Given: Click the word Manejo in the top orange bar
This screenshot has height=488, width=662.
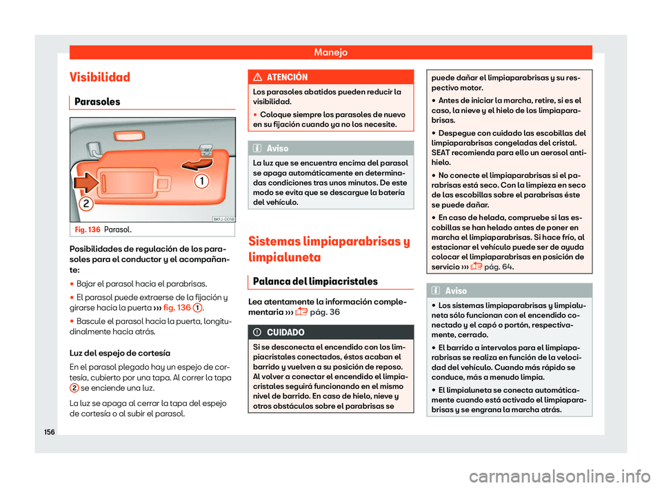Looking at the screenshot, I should tap(330, 52).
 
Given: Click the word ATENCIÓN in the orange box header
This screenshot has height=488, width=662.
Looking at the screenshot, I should tap(293, 77).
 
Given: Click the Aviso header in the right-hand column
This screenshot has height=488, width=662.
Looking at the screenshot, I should tap(456, 292).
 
